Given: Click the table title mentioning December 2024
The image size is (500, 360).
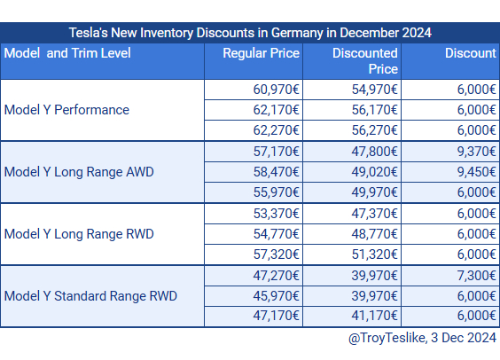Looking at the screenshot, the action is (250, 33).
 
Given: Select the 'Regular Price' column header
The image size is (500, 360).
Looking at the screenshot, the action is (262, 53).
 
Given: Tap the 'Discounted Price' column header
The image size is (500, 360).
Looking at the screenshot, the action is (365, 61).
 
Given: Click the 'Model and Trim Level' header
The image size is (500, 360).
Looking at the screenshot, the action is (67, 53).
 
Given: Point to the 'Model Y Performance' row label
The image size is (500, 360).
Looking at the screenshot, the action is (66, 110).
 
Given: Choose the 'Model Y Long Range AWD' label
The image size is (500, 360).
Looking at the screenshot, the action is (79, 172).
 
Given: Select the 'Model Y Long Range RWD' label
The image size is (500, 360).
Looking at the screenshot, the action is (79, 234).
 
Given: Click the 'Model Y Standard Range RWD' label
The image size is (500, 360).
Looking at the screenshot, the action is (90, 296).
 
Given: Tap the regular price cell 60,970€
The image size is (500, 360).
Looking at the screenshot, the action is (276, 90).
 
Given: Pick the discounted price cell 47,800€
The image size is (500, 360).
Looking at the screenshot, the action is (375, 152).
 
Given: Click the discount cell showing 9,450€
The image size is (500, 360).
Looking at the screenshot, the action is (476, 172).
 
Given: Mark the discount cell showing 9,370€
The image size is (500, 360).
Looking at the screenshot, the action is (476, 152).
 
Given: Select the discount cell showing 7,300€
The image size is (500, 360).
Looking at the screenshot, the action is (476, 276).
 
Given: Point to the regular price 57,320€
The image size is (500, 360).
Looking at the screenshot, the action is (276, 254).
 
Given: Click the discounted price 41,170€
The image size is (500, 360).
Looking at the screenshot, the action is (375, 316).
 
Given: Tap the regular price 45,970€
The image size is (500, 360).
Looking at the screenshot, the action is (276, 296).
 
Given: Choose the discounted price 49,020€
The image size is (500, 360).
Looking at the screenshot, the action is (375, 172).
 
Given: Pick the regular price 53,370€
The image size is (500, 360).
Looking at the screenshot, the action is (276, 214).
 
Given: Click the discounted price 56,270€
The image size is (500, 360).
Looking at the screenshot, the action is (375, 130).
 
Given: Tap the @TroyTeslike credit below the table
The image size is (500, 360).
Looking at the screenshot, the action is (422, 338).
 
